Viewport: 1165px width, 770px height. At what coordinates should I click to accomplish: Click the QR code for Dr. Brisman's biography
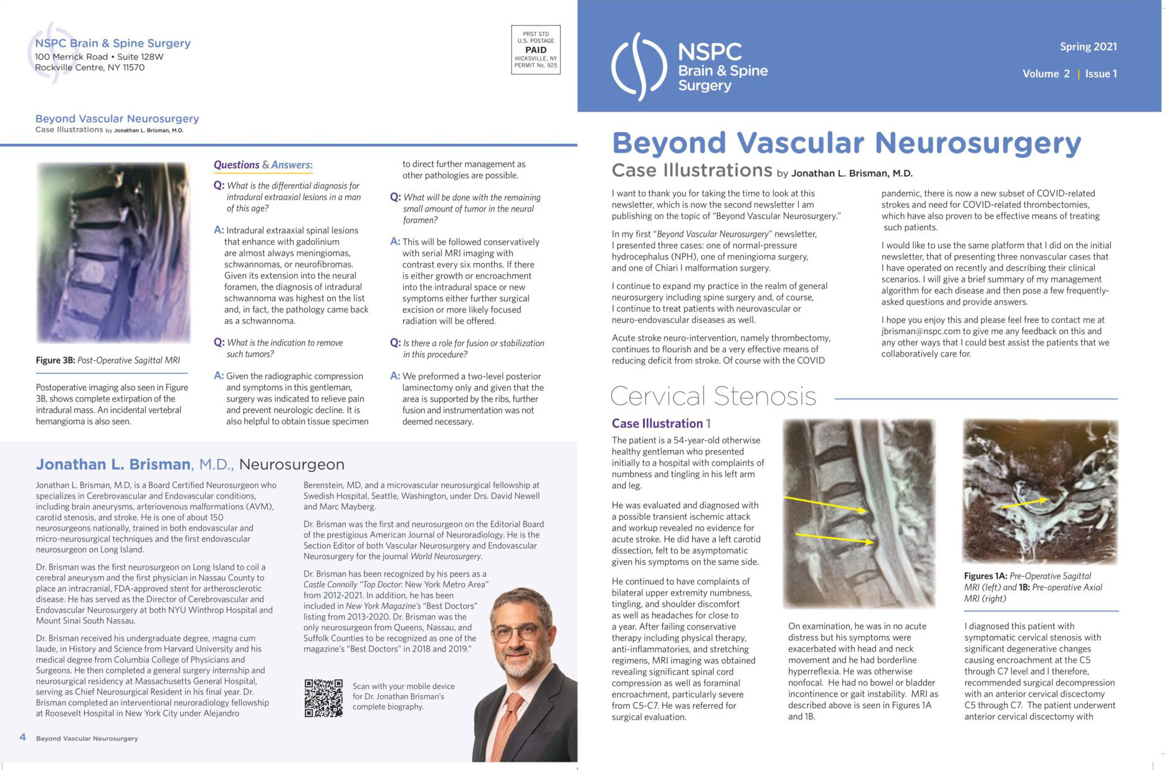[323, 698]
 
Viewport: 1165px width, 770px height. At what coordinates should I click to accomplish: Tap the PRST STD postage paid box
[536, 50]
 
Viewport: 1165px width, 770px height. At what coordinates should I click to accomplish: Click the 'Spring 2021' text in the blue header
[1088, 47]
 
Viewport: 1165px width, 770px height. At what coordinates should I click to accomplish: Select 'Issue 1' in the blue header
[1101, 74]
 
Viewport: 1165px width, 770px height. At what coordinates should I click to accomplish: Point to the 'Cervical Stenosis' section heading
[713, 397]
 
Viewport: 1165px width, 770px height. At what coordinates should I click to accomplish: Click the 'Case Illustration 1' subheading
[661, 423]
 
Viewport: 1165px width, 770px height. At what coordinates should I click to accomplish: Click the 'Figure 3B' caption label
[55, 360]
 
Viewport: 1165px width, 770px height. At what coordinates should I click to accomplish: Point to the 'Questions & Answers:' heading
[263, 165]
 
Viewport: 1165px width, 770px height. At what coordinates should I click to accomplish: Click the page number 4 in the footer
[23, 738]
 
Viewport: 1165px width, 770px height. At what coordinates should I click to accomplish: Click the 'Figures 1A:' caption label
[986, 576]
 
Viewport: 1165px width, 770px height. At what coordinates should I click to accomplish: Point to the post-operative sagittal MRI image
[113, 253]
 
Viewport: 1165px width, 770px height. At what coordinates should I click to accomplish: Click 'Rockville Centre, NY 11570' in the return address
[90, 67]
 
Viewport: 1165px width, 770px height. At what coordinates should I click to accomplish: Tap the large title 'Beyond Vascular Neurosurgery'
[846, 143]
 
